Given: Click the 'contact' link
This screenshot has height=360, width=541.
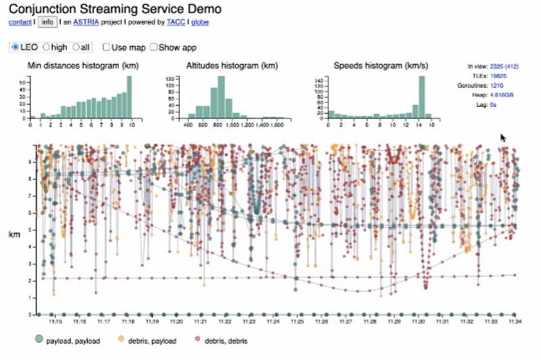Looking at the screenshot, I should point(20,22).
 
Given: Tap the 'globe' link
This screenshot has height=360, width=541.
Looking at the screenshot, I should point(200,22).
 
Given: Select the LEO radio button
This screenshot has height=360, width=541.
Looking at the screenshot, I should point(16,47).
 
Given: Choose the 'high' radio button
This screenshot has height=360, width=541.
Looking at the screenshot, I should point(46,47).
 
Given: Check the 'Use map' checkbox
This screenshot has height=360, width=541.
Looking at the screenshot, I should point(106,47).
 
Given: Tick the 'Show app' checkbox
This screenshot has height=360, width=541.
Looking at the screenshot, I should point(154,47).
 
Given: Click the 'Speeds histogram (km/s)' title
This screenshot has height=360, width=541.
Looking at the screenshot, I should point(376,66).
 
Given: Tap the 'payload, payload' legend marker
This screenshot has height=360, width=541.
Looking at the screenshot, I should point(40,339).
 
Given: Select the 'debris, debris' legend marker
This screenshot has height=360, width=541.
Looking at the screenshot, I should point(198,339).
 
